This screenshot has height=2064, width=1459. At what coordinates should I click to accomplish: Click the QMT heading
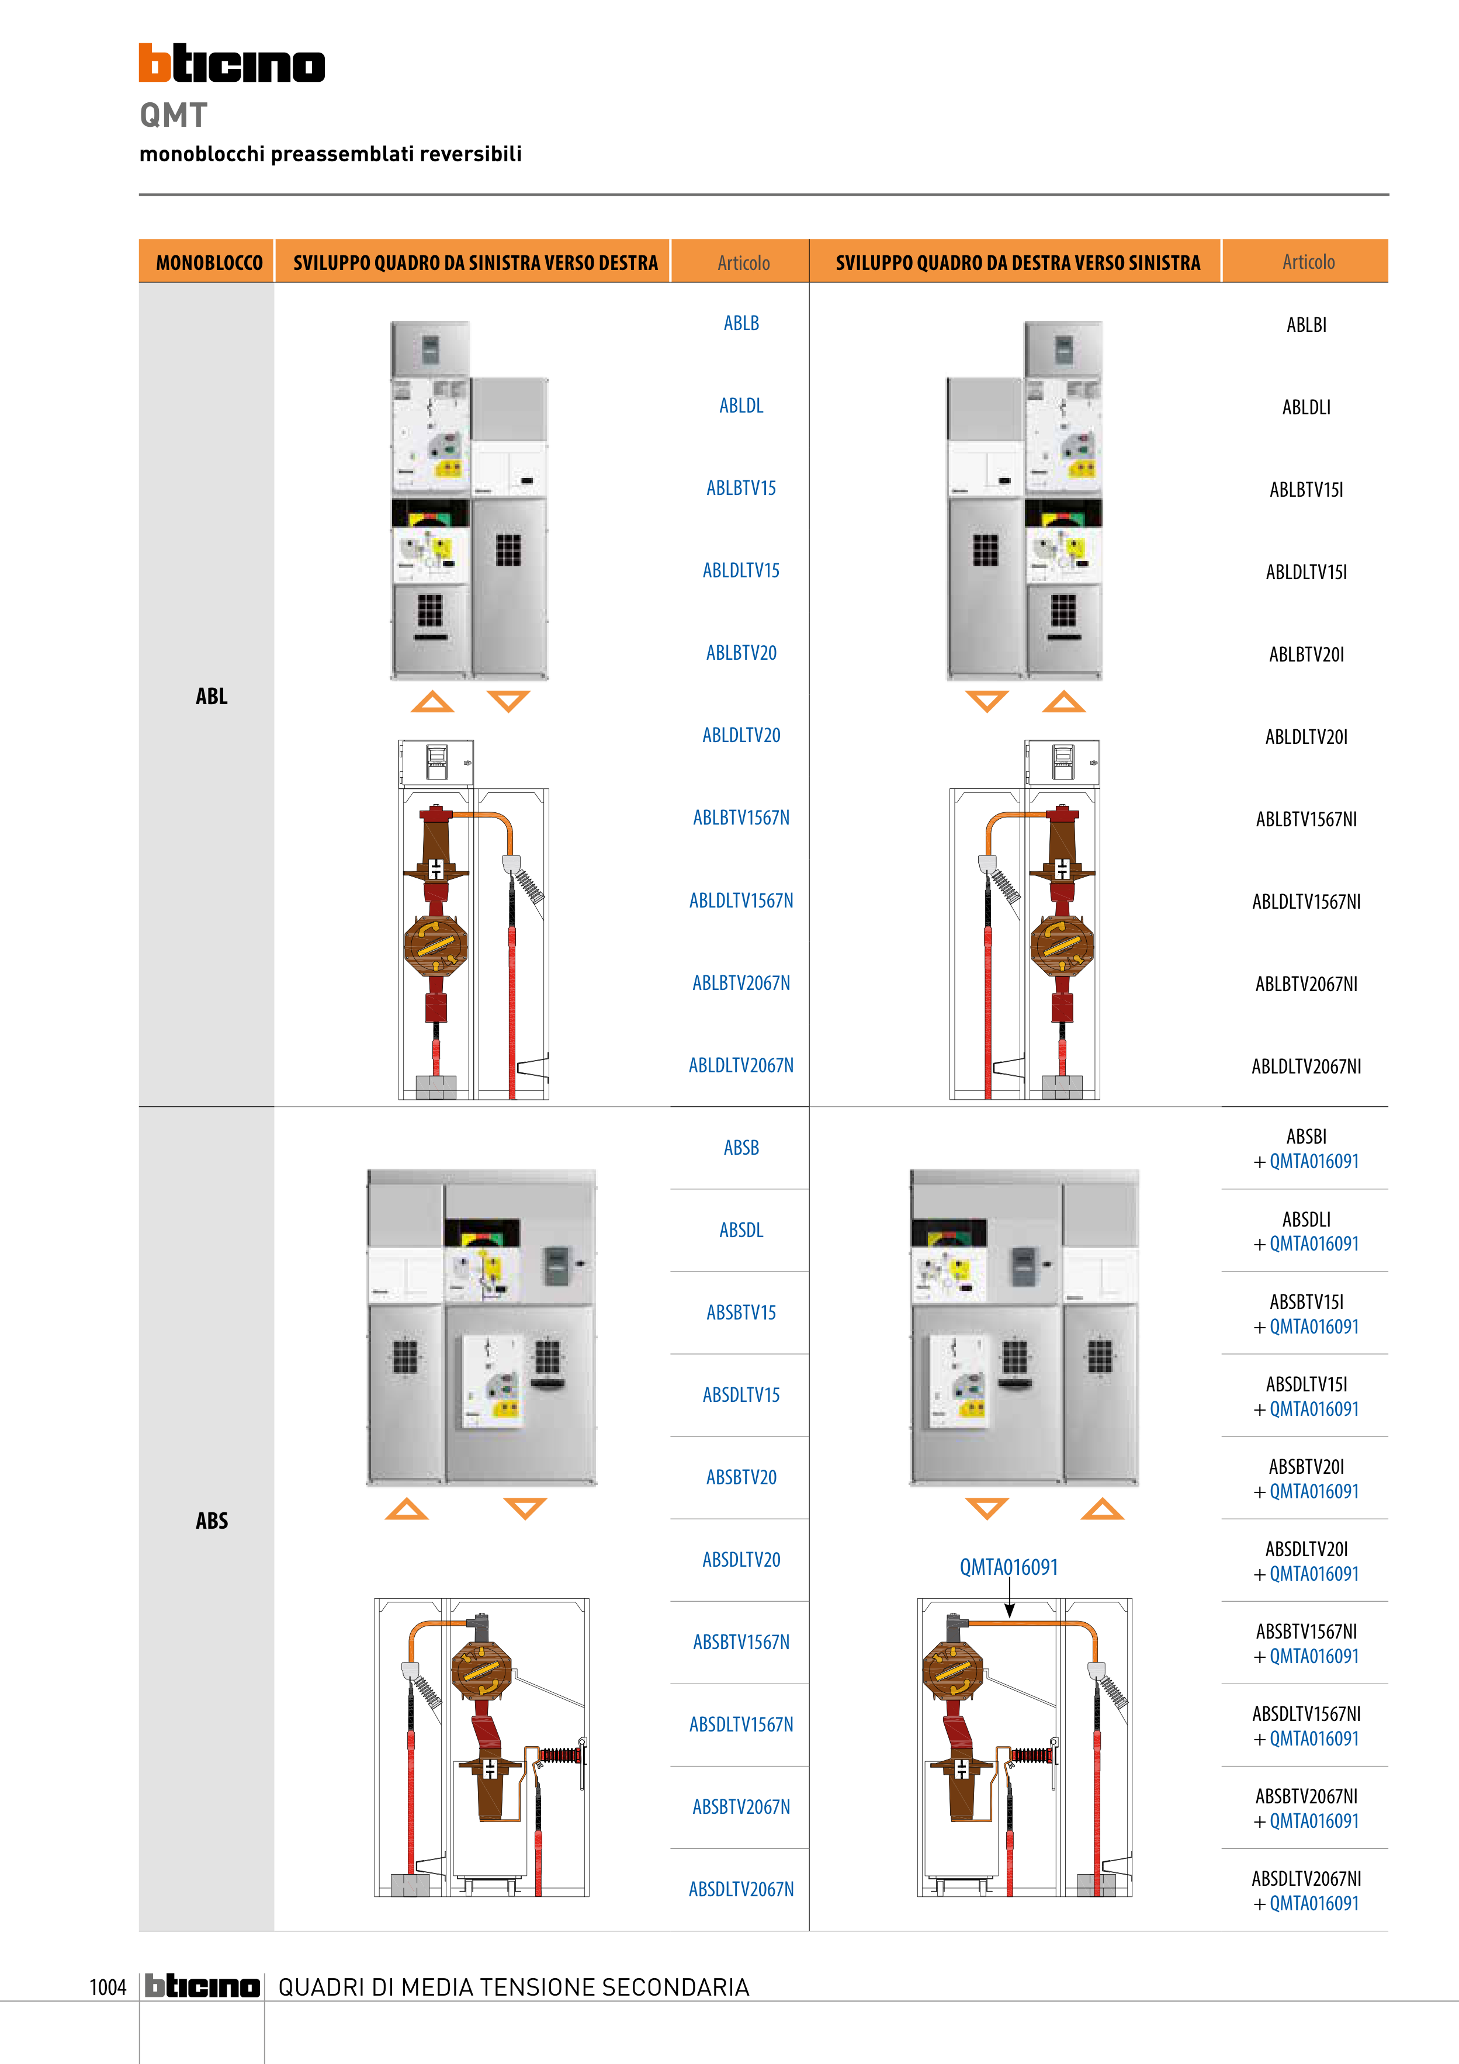point(174,115)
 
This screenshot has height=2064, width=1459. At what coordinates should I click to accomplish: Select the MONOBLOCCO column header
point(209,262)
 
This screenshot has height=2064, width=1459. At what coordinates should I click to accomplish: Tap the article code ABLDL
point(741,406)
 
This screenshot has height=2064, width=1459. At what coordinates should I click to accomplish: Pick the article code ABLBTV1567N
point(741,817)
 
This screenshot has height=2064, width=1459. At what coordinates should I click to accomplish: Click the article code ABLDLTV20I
point(1305,737)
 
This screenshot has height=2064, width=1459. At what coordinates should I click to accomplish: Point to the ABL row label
point(212,696)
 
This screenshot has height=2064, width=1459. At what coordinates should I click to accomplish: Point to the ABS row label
point(212,1520)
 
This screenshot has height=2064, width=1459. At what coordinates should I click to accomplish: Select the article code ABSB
point(741,1148)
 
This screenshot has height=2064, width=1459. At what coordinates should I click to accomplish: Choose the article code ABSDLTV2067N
point(741,1889)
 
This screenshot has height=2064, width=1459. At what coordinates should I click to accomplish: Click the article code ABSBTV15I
point(1305,1301)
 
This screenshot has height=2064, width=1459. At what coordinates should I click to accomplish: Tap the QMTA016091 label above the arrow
point(1008,1567)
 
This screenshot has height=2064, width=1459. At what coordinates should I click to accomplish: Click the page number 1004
point(108,1987)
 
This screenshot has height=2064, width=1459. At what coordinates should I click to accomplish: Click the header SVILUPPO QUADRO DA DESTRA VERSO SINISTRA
point(1018,262)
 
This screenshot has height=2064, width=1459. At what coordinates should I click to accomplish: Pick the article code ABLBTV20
point(741,653)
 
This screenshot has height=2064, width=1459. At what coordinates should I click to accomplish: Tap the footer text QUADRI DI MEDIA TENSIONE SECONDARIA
point(513,1987)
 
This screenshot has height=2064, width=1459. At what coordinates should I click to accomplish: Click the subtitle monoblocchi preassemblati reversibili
point(330,154)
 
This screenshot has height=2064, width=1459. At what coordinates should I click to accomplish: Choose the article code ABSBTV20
point(741,1477)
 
